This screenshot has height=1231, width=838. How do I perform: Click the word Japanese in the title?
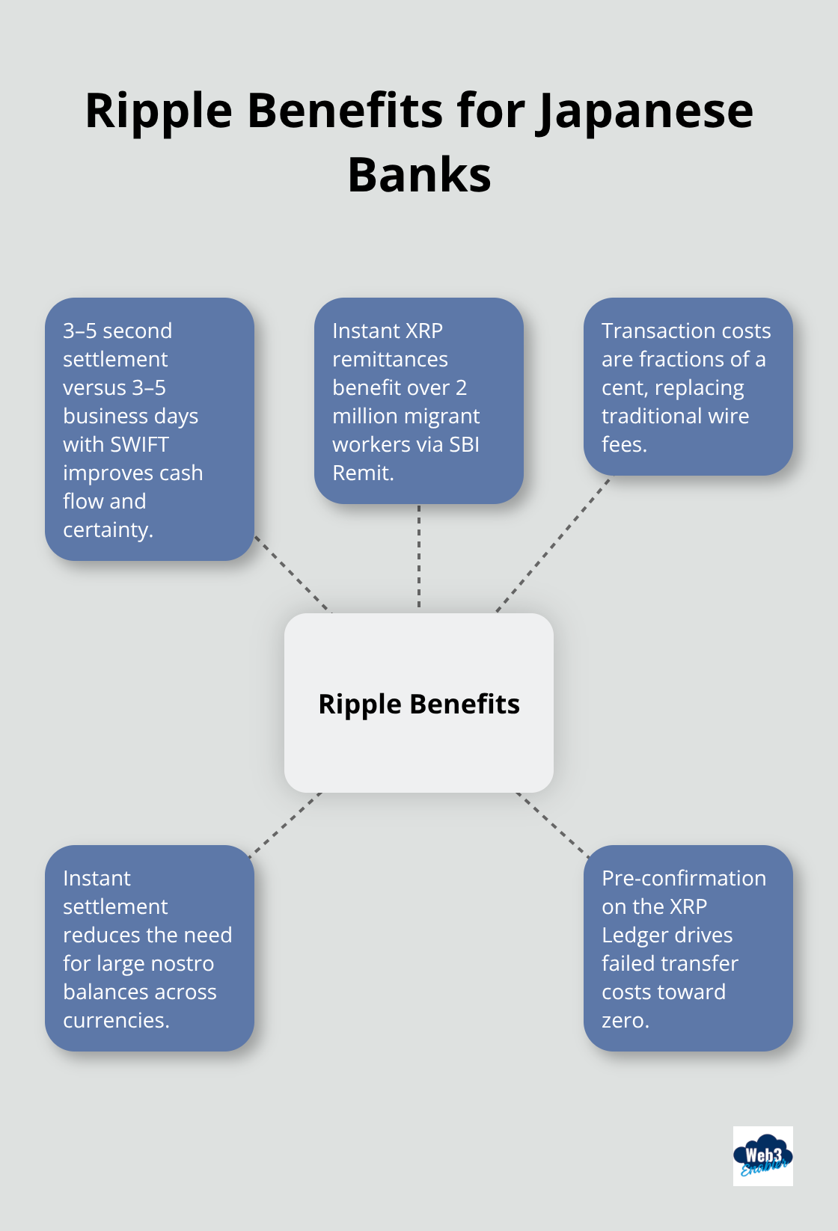pyautogui.click(x=645, y=112)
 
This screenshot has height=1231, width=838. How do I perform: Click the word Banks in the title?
pyautogui.click(x=419, y=176)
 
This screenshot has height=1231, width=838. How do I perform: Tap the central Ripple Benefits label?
pyautogui.click(x=419, y=704)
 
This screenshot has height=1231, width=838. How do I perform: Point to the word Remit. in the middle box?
pyautogui.click(x=363, y=473)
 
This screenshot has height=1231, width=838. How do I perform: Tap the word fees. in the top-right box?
pyautogui.click(x=624, y=444)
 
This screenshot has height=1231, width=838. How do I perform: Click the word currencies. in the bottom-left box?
pyautogui.click(x=116, y=1020)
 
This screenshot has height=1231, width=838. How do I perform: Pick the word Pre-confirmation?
pyautogui.click(x=683, y=878)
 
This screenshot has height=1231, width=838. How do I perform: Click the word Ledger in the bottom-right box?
pyautogui.click(x=634, y=935)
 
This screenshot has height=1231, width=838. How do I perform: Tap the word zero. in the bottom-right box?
pyautogui.click(x=625, y=1020)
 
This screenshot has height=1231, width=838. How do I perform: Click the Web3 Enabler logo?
pyautogui.click(x=762, y=1156)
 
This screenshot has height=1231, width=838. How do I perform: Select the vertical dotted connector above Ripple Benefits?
pyautogui.click(x=419, y=557)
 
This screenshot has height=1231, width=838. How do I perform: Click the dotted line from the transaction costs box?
pyautogui.click(x=554, y=544)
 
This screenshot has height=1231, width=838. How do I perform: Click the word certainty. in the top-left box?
pyautogui.click(x=108, y=529)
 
